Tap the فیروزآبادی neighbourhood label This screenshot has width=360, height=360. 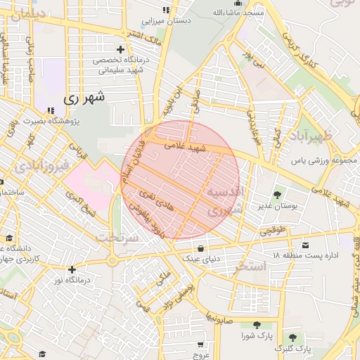click(x=40, y=167)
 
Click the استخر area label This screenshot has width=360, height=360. click(x=251, y=266)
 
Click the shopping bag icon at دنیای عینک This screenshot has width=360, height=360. click(x=202, y=248)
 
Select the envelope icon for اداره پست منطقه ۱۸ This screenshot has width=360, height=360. click(x=305, y=245)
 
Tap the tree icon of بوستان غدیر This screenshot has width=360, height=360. click(x=277, y=195)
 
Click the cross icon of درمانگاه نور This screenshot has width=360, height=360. click(x=72, y=269)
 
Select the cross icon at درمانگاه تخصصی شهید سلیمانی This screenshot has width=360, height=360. click(x=120, y=49)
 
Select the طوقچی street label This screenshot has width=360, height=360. click(x=272, y=229)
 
